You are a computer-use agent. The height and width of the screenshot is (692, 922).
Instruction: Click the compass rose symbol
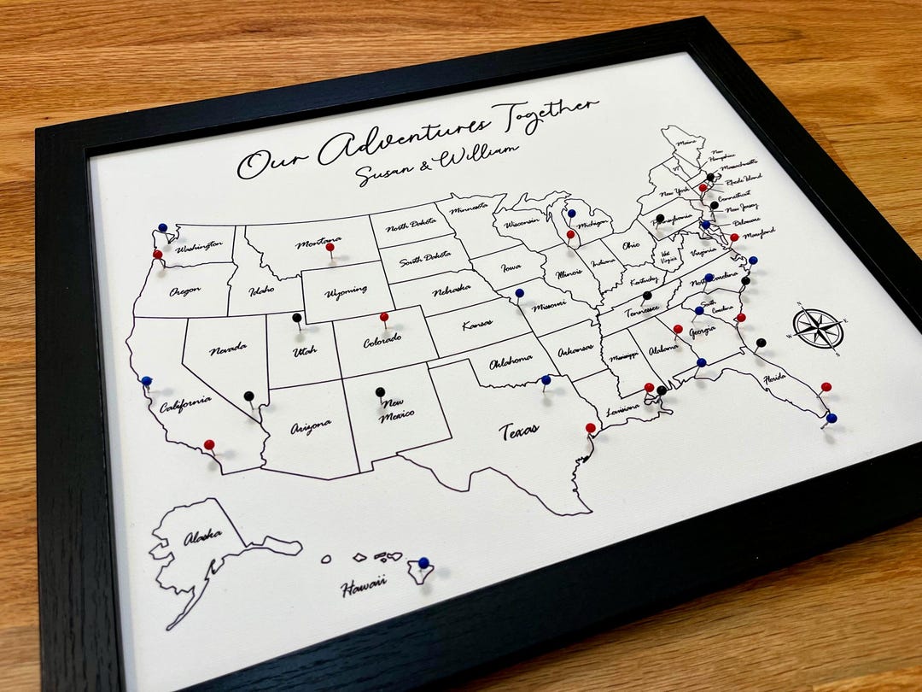point(818,328)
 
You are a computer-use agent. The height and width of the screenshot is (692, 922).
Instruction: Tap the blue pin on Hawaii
point(423,562)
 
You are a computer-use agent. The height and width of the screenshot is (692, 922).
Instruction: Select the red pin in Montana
point(330,247)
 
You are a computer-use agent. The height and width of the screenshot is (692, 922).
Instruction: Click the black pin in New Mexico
point(380,391)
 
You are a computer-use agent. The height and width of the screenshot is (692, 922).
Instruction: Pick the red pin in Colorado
point(384,317)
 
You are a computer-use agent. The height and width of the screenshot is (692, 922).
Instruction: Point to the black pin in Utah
point(296,318)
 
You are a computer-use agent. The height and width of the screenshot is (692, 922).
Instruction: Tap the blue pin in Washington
point(162,228)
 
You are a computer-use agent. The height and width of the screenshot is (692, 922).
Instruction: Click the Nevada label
point(229,349)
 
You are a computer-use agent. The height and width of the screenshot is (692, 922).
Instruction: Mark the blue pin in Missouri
point(519,293)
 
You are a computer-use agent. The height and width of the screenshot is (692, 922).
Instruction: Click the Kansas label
point(479,325)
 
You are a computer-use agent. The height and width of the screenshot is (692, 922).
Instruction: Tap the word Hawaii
point(364,588)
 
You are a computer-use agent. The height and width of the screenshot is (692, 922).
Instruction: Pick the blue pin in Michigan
point(571,214)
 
